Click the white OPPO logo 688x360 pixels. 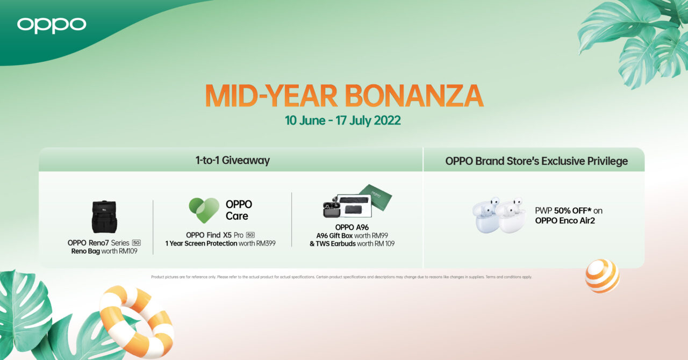click(x=52, y=25)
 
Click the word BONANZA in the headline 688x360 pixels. click(x=414, y=96)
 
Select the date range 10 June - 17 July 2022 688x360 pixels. click(x=343, y=120)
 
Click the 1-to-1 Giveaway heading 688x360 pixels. click(x=233, y=160)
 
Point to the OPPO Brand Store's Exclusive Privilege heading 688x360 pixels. click(x=536, y=161)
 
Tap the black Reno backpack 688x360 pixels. click(x=104, y=217)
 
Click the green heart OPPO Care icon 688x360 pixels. click(x=204, y=210)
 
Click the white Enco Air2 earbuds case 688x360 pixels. click(x=500, y=215)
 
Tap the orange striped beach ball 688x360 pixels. click(x=603, y=276)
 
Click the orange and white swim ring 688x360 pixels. click(x=137, y=321)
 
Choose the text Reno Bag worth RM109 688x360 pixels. click(x=104, y=251)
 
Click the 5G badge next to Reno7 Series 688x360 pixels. click(x=137, y=243)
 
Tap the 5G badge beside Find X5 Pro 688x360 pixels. click(x=250, y=235)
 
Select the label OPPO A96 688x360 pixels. click(x=352, y=227)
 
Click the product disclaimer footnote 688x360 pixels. click(x=341, y=277)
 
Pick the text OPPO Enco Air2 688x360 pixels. click(x=565, y=220)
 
